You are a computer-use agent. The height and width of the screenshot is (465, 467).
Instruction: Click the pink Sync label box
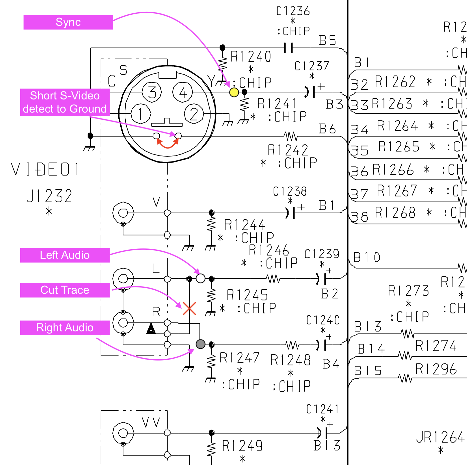pyautogui.click(x=68, y=22)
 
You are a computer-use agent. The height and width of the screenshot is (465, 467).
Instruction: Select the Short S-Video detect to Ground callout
pyautogui.click(x=65, y=102)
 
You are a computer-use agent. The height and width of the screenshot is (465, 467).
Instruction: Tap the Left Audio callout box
pyautogui.click(x=65, y=255)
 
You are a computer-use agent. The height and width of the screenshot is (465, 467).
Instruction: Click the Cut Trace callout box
pyautogui.click(x=65, y=290)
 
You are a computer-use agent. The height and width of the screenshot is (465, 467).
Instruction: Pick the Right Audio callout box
pyautogui.click(x=65, y=328)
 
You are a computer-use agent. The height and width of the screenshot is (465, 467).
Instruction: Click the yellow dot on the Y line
pyautogui.click(x=234, y=92)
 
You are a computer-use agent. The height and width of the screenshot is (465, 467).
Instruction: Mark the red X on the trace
pyautogui.click(x=189, y=308)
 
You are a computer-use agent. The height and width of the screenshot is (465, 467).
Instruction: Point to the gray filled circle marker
pyautogui.click(x=200, y=344)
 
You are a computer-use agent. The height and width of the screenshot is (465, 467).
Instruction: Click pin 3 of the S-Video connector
pyautogui.click(x=152, y=92)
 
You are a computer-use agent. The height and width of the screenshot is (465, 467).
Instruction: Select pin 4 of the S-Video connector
pyautogui.click(x=183, y=92)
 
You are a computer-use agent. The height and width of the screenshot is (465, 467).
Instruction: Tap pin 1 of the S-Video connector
pyautogui.click(x=141, y=114)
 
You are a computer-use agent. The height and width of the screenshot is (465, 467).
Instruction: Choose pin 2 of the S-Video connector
pyautogui.click(x=194, y=114)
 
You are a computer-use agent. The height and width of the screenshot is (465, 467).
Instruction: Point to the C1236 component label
pyautogui.click(x=293, y=11)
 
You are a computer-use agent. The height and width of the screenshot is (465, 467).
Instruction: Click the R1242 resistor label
pyautogui.click(x=288, y=150)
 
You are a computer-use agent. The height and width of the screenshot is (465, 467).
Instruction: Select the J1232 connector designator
pyautogui.click(x=49, y=196)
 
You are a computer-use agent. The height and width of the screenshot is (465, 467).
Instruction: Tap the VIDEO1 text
pyautogui.click(x=45, y=169)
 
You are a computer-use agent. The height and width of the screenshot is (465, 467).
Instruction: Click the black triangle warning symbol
pyautogui.click(x=151, y=329)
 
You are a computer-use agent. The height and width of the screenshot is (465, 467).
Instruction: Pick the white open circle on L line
pyautogui.click(x=200, y=278)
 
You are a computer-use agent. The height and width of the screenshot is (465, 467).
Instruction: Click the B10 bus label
pyautogui.click(x=367, y=257)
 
